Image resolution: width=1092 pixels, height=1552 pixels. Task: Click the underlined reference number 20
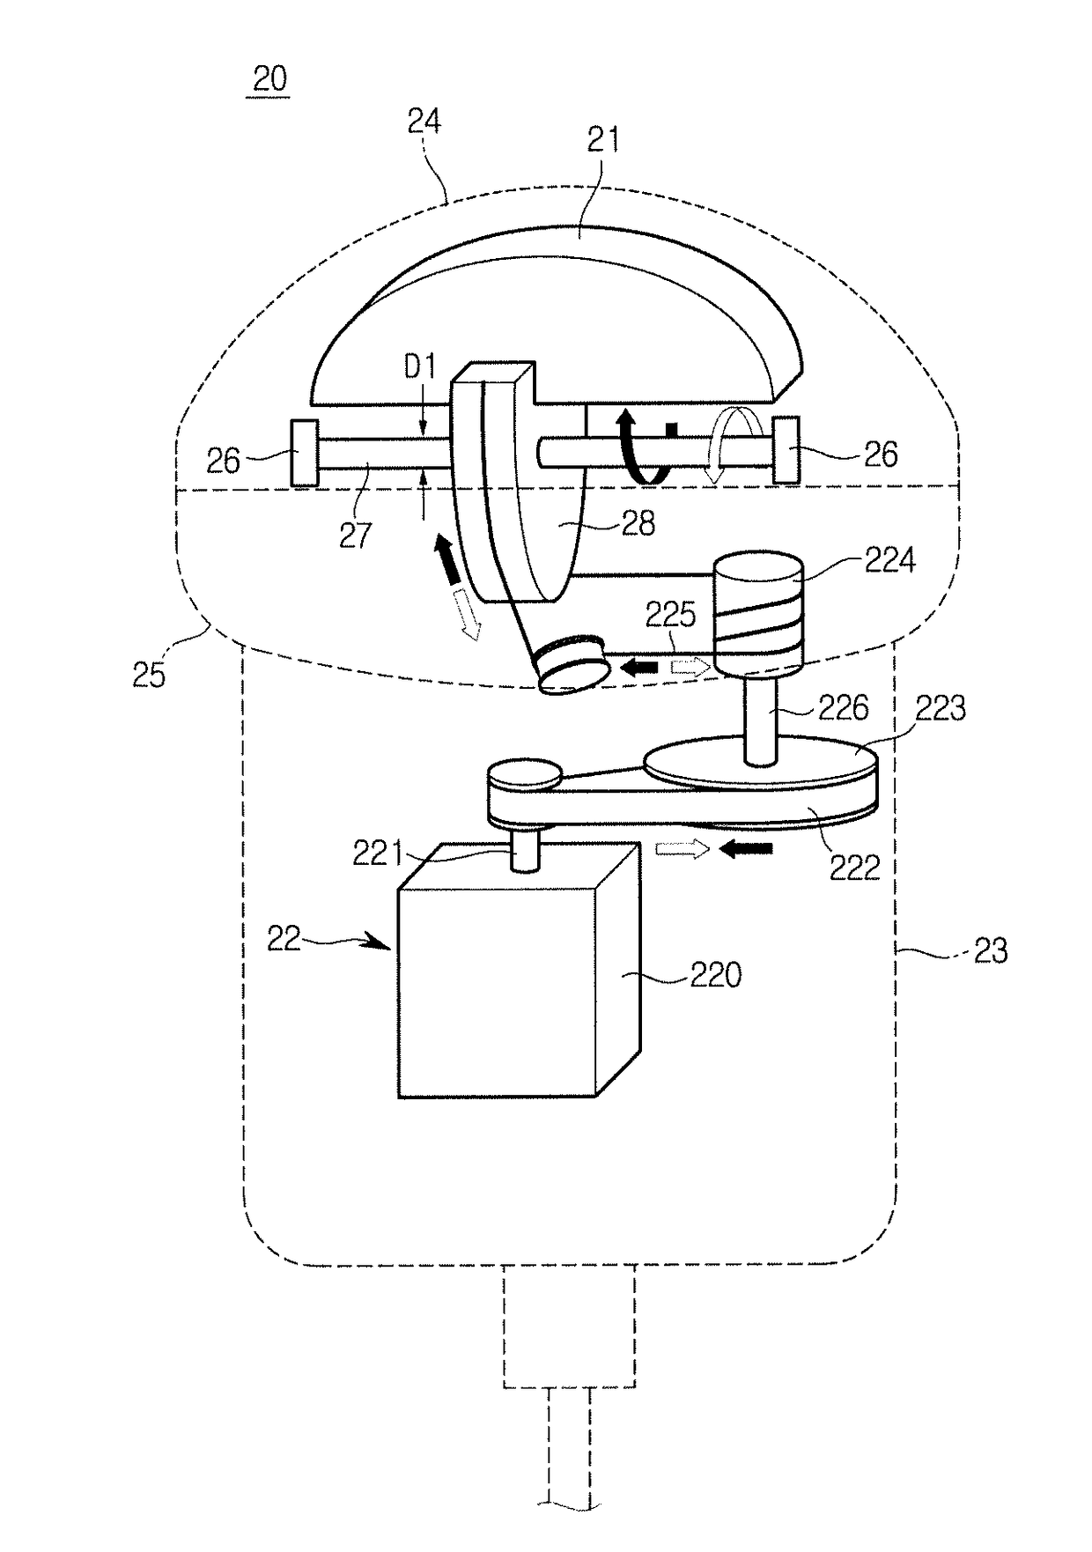pyautogui.click(x=269, y=78)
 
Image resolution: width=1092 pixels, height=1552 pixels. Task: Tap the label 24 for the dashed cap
pyautogui.click(x=424, y=121)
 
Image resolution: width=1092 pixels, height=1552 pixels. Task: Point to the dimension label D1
pyautogui.click(x=420, y=366)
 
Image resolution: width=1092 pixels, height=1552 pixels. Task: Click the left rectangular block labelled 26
pyautogui.click(x=305, y=452)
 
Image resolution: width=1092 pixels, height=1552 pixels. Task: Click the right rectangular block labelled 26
pyautogui.click(x=786, y=449)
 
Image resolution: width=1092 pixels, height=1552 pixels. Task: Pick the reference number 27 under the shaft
pyautogui.click(x=355, y=535)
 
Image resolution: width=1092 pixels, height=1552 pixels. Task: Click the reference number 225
pyautogui.click(x=671, y=614)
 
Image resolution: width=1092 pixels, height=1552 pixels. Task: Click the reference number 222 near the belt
pyautogui.click(x=854, y=868)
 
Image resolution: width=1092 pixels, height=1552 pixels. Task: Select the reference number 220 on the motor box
pyautogui.click(x=715, y=974)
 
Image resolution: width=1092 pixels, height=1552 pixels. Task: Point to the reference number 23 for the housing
pyautogui.click(x=990, y=950)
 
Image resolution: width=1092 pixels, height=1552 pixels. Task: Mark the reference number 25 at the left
pyautogui.click(x=149, y=674)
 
